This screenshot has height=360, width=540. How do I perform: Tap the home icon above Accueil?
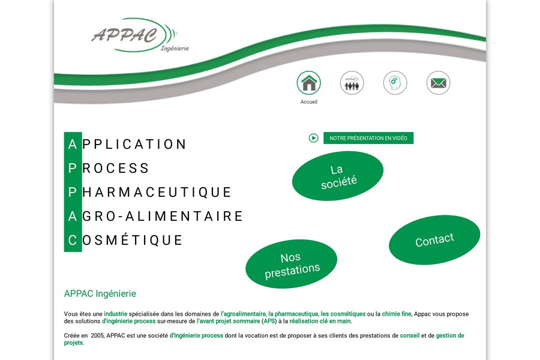click(309, 83)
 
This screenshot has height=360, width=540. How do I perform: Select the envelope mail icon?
click(438, 83)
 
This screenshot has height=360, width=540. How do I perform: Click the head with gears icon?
click(395, 83)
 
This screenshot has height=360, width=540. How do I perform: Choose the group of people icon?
click(352, 83)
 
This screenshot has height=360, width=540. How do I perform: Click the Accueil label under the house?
click(309, 102)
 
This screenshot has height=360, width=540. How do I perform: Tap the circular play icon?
click(313, 138)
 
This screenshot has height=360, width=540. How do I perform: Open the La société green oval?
click(338, 176)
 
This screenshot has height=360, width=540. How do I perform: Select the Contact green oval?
click(434, 240)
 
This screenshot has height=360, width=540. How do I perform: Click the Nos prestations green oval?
click(292, 264)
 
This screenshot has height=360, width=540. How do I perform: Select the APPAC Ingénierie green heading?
click(100, 293)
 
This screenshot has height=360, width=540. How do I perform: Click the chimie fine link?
click(397, 314)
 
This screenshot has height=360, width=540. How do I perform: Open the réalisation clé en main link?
click(320, 321)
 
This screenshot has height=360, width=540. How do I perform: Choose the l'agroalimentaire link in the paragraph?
click(243, 314)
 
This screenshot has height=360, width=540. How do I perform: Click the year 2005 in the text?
click(97, 335)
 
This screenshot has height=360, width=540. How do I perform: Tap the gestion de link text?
click(450, 335)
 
